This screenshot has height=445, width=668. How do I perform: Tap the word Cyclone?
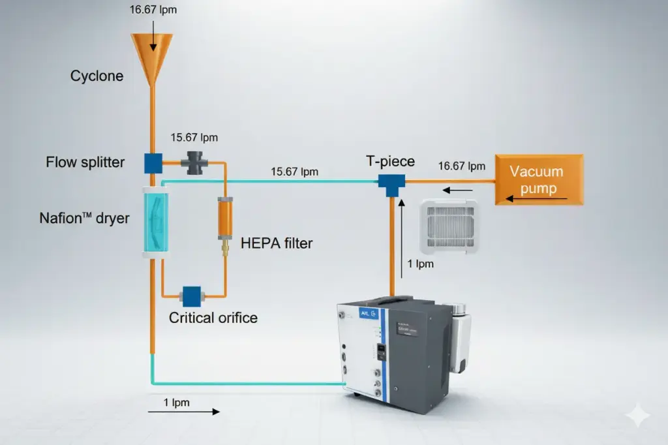[x=97, y=76]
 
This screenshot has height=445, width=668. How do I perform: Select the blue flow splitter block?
[x=153, y=162]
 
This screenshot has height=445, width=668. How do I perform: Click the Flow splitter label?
[x=85, y=161]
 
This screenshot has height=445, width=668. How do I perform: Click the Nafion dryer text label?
[x=84, y=218]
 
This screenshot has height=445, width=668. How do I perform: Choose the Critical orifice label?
[x=213, y=318]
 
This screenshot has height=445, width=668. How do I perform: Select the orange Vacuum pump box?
[x=538, y=179]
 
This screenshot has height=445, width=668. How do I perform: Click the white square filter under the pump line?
[x=450, y=226]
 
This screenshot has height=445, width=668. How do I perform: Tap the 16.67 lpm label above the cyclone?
[x=154, y=10]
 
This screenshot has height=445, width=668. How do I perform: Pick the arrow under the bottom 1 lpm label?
[x=184, y=412]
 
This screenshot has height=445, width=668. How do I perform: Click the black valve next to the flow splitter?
[x=196, y=162]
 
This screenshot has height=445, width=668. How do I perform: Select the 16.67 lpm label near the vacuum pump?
[x=462, y=166]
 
